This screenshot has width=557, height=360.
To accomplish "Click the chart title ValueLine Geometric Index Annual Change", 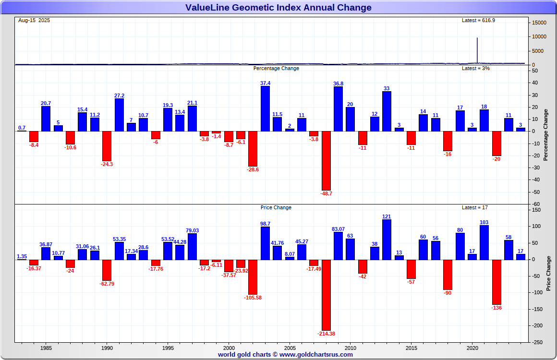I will pyautogui.click(x=278, y=7).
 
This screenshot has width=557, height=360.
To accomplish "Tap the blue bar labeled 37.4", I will pyautogui.click(x=265, y=108).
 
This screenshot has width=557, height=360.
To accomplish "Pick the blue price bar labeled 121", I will pyautogui.click(x=387, y=240).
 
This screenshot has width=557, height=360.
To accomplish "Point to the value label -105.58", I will pyautogui.click(x=253, y=298).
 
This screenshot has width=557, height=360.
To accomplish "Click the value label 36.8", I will pyautogui.click(x=338, y=84).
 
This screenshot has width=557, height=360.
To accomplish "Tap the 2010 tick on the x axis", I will pyautogui.click(x=351, y=348).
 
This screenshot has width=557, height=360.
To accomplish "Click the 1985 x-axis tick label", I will pyautogui.click(x=46, y=348).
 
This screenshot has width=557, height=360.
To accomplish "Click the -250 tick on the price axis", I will pyautogui.click(x=538, y=342).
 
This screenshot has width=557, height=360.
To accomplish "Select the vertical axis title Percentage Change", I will pyautogui.click(x=546, y=135).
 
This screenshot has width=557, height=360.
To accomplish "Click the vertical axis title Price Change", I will pyautogui.click(x=549, y=274).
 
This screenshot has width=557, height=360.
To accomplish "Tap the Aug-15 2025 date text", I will pyautogui.click(x=34, y=20).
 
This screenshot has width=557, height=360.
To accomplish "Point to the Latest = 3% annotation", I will pyautogui.click(x=476, y=68).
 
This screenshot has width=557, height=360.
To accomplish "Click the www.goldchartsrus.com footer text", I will pyautogui.click(x=316, y=355).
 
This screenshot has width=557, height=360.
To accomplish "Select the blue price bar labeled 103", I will pyautogui.click(x=484, y=243).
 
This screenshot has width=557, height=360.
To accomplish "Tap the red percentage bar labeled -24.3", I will pyautogui.click(x=107, y=146).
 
